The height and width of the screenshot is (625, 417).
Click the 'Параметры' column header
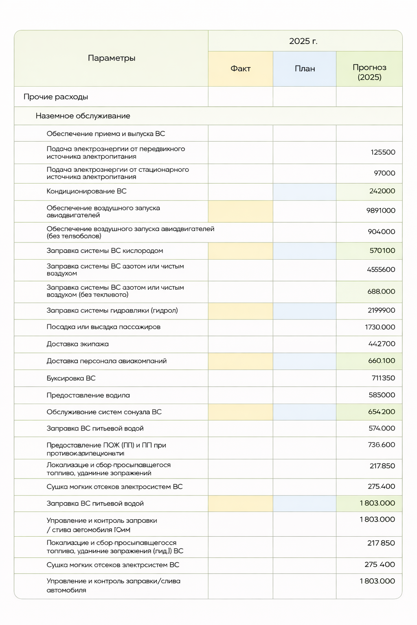(112, 58)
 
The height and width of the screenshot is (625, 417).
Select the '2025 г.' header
(303, 41)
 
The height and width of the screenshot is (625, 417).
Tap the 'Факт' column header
(240, 69)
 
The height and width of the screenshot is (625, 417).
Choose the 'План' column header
(305, 69)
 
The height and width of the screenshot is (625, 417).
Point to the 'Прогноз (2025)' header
(369, 72)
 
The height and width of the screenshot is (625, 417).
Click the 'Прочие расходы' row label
(56, 97)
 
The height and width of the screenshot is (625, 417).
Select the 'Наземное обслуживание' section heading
(83, 116)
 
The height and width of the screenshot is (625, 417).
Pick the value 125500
(383, 152)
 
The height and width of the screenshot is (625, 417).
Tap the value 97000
(384, 173)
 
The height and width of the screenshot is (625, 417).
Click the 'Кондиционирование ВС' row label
(86, 191)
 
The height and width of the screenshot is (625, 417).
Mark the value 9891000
(381, 211)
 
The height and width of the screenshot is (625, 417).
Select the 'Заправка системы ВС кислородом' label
(105, 251)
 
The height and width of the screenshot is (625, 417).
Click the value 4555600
(381, 269)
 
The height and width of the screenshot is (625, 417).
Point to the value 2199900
(381, 310)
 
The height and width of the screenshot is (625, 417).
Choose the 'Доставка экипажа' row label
(77, 344)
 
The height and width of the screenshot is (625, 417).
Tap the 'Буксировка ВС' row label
(71, 378)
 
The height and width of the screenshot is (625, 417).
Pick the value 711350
(383, 378)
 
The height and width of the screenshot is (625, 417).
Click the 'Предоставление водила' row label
(88, 396)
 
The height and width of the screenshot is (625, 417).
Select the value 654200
(382, 412)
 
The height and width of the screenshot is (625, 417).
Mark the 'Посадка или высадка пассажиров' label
(103, 327)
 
